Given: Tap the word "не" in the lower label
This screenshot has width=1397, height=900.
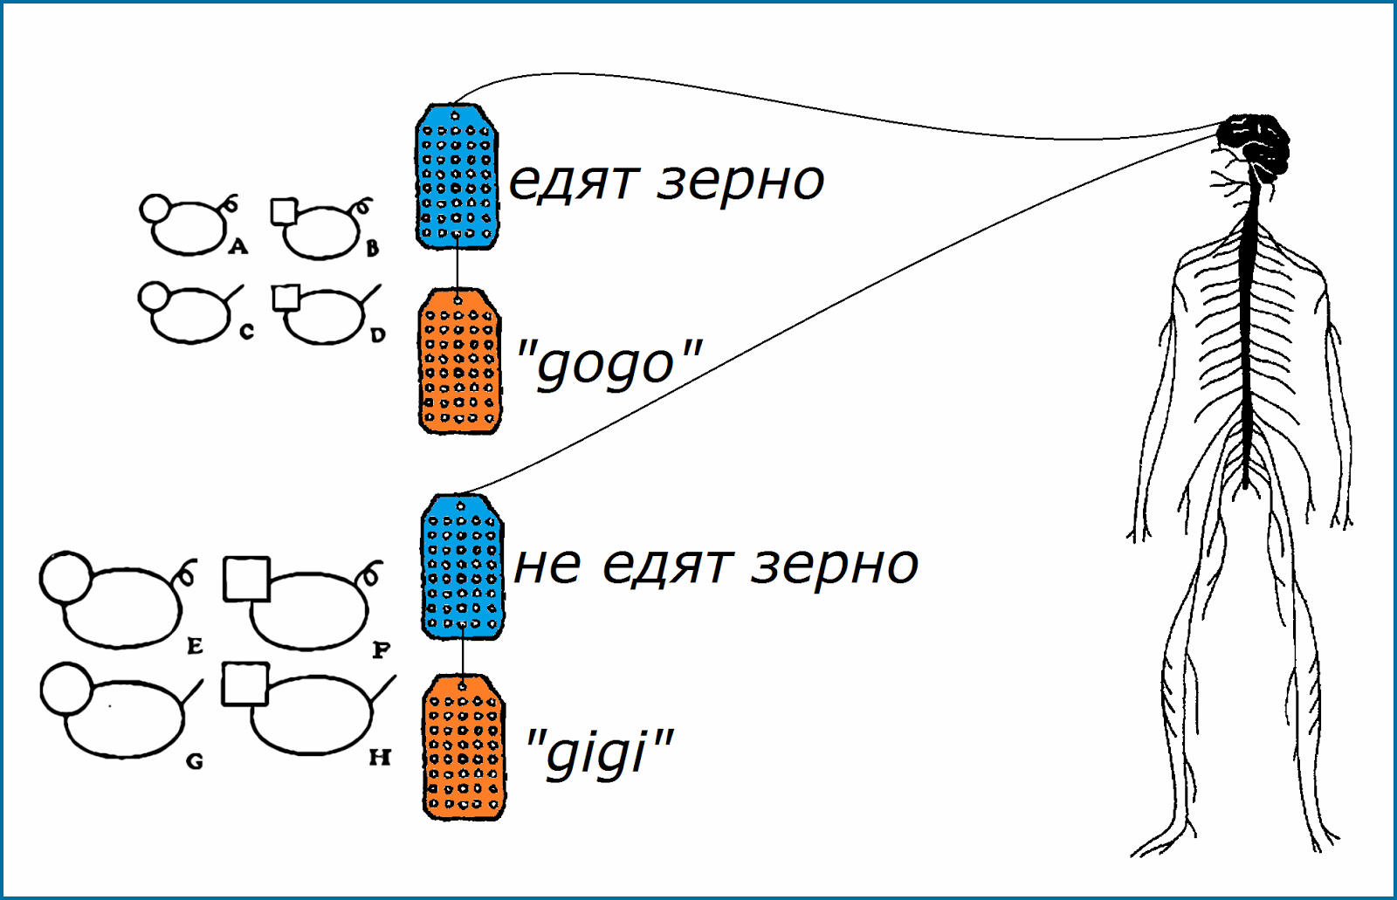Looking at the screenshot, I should (x=547, y=565).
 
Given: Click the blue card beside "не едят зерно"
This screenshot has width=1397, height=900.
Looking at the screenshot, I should (x=462, y=567).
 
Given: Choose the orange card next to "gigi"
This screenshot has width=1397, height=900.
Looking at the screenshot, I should (x=464, y=747).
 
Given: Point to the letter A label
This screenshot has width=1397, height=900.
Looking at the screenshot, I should (x=238, y=247).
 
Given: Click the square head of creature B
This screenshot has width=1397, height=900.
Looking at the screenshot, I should (x=284, y=211).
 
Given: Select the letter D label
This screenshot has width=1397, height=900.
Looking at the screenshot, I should (x=377, y=334).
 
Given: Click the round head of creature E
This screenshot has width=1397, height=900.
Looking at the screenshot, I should (x=65, y=576).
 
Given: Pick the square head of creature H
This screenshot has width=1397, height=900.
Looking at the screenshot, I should (x=244, y=684).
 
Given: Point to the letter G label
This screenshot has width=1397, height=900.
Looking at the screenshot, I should (x=195, y=761).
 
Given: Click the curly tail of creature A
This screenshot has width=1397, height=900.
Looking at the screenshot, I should (x=231, y=203).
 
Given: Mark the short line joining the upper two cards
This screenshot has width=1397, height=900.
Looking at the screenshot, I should (x=458, y=269).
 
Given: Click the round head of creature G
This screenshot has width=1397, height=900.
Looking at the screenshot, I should (x=65, y=687).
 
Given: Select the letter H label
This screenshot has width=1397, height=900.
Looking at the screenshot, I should (x=380, y=757).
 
